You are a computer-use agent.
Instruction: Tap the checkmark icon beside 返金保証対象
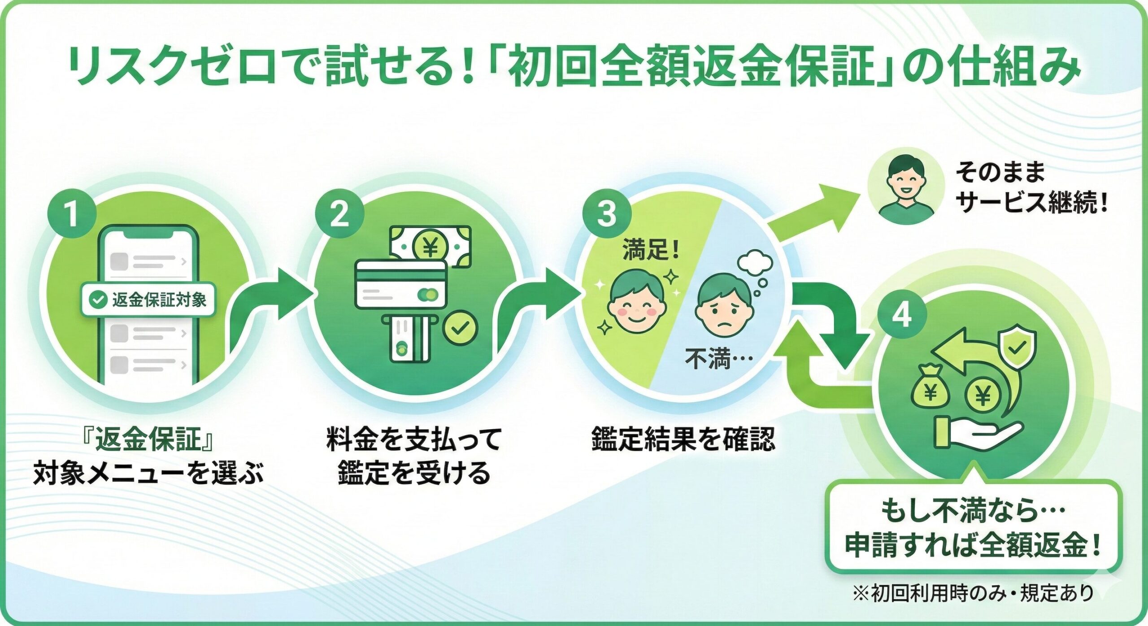coord(97,300)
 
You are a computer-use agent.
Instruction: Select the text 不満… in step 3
coord(718,360)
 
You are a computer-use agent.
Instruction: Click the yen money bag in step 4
coord(931,391)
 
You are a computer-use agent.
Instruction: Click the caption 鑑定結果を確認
coord(683,439)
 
